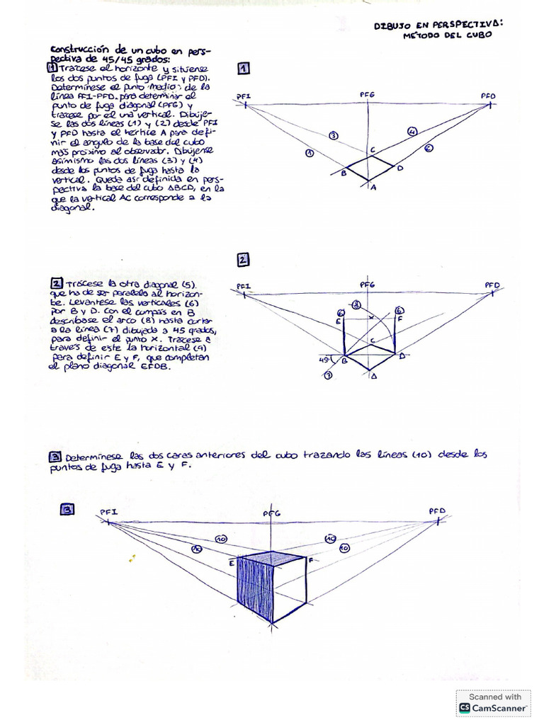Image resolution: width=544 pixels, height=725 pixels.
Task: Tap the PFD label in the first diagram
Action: (489, 95)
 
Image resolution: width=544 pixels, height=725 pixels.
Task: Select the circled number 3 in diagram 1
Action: (333, 135)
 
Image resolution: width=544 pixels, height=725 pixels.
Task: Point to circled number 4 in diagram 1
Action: (412, 132)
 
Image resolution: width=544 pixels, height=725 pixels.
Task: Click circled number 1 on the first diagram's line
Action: (308, 152)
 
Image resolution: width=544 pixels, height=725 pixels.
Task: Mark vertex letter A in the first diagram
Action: (374, 187)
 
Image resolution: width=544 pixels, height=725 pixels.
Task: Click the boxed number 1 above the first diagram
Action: (243, 69)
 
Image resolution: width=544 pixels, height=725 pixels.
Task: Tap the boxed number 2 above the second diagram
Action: (243, 260)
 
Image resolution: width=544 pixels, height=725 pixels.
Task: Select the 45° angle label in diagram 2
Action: (327, 359)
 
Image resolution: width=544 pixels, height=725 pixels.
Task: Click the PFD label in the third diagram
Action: (437, 510)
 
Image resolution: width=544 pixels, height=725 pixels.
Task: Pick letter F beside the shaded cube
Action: (310, 561)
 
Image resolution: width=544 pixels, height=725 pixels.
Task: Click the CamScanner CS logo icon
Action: (465, 707)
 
